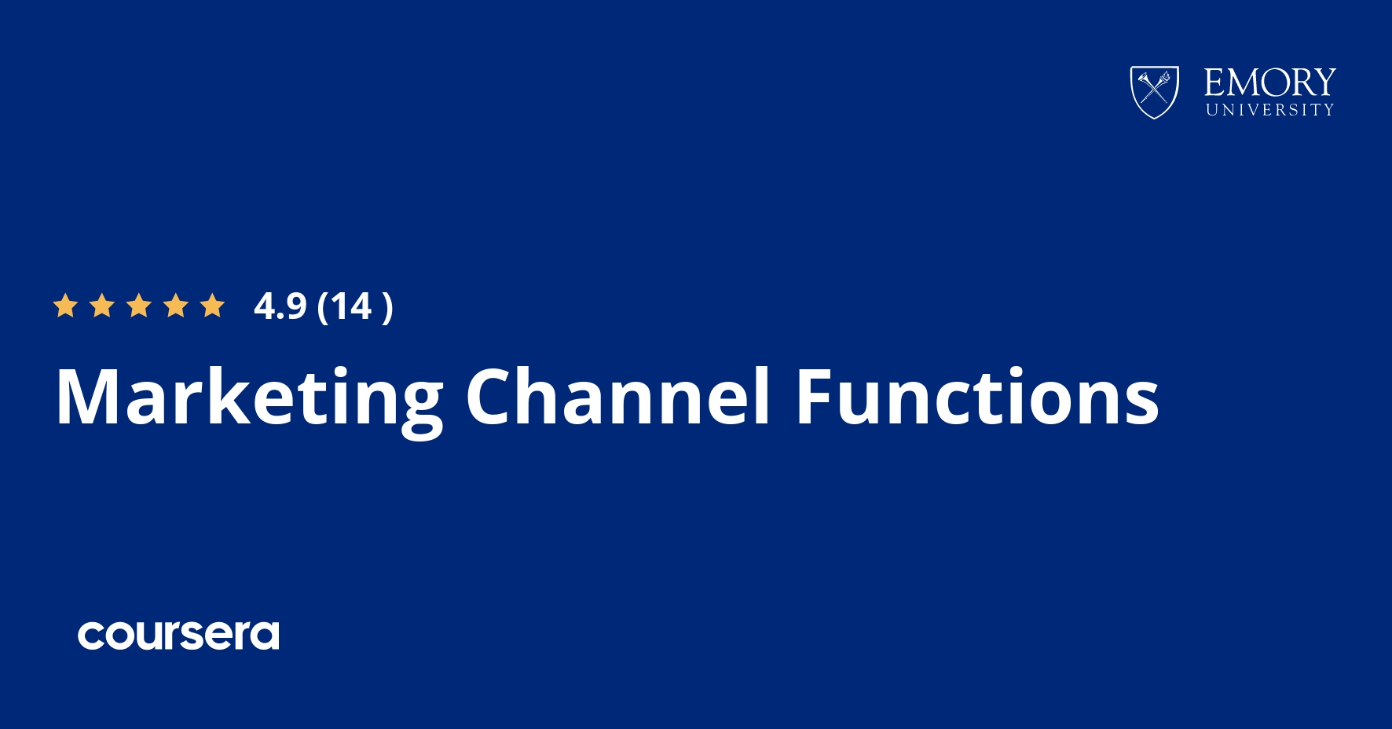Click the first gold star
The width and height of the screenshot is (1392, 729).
point(65,306)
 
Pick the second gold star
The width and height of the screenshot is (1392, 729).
point(102,306)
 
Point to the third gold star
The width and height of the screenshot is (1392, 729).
point(139,306)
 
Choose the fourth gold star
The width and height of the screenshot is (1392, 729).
point(176,306)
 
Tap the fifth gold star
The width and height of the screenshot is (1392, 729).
point(213,306)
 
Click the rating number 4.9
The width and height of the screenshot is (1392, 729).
point(280,306)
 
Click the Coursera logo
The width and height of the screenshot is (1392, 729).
point(178,635)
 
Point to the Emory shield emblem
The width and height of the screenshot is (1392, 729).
point(1154,92)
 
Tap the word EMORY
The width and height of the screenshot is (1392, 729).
point(1270,82)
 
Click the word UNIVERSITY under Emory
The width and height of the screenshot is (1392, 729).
point(1270,110)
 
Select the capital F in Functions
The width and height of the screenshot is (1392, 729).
point(816,397)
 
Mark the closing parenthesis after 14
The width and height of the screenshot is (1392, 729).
point(386,307)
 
